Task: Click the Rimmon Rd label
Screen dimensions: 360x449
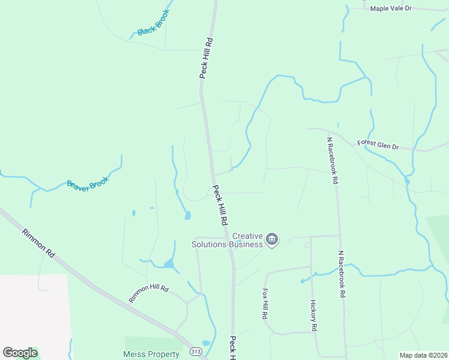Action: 38,243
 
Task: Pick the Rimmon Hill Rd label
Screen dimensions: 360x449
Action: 148,293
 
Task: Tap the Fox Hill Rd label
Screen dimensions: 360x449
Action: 264,303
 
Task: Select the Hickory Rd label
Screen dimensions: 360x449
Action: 313,316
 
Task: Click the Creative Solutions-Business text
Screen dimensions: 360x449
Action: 228,240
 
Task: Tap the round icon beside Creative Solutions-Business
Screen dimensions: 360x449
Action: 272,240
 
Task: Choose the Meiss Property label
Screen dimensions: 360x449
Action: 151,354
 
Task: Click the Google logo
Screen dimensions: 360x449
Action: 20,353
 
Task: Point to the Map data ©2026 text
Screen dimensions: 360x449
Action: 423,355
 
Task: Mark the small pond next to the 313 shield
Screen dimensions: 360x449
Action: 206,343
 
